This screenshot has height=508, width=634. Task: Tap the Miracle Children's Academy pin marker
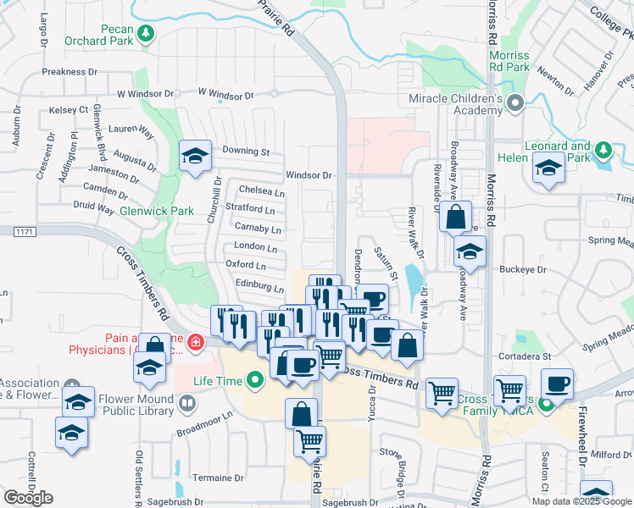tap(514, 104)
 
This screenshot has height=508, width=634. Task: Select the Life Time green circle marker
tap(255, 381)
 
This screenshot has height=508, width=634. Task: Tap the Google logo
tap(28, 498)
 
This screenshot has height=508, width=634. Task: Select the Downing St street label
tap(245, 152)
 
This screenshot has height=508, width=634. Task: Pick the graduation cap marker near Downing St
tap(196, 157)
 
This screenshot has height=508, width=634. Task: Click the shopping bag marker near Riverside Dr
tap(455, 217)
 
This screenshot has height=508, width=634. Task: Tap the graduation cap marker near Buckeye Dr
tap(470, 251)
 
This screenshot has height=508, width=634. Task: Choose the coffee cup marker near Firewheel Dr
tap(557, 384)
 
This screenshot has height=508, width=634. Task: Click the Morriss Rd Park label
tap(509, 62)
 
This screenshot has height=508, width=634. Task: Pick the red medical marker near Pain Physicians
tap(196, 342)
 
